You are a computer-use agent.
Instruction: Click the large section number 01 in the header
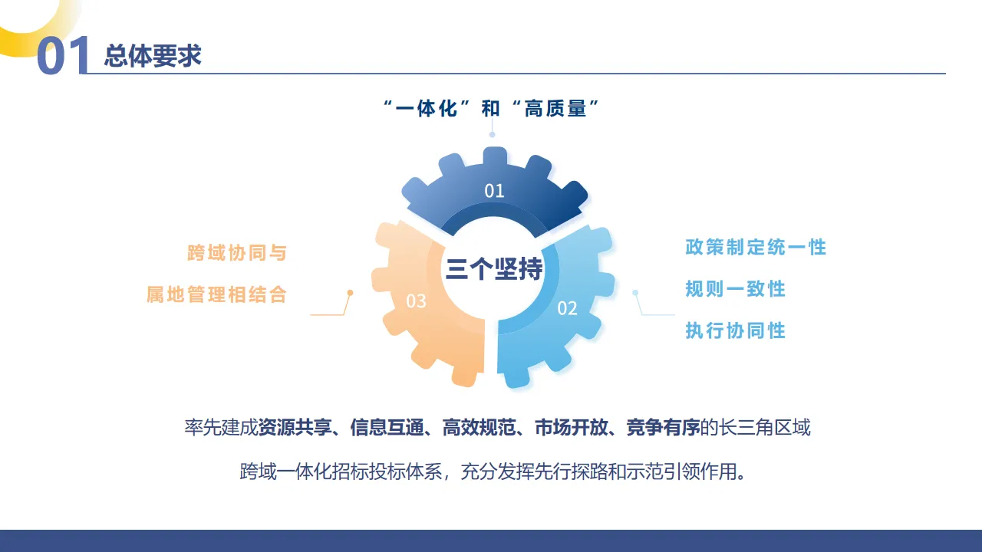63,55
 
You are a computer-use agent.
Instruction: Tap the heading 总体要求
153,56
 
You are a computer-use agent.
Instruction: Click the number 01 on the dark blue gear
494,191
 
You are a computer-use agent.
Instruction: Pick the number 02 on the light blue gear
567,308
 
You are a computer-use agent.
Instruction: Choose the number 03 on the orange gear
416,301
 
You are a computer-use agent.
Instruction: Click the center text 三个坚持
494,268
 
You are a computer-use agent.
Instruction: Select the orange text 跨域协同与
237,253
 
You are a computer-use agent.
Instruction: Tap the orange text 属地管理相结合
216,294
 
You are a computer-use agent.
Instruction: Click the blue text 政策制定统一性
756,247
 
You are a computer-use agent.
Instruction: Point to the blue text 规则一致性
735,289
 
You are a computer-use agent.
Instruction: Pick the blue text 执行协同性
735,330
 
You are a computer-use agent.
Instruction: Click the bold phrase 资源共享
295,428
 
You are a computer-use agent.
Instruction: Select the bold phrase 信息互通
387,428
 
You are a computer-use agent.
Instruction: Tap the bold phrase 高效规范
479,428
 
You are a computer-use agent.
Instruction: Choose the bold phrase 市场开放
571,428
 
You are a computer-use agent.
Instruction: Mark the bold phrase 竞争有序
663,428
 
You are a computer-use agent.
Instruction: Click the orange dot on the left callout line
350,292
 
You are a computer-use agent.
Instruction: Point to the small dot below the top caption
492,134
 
